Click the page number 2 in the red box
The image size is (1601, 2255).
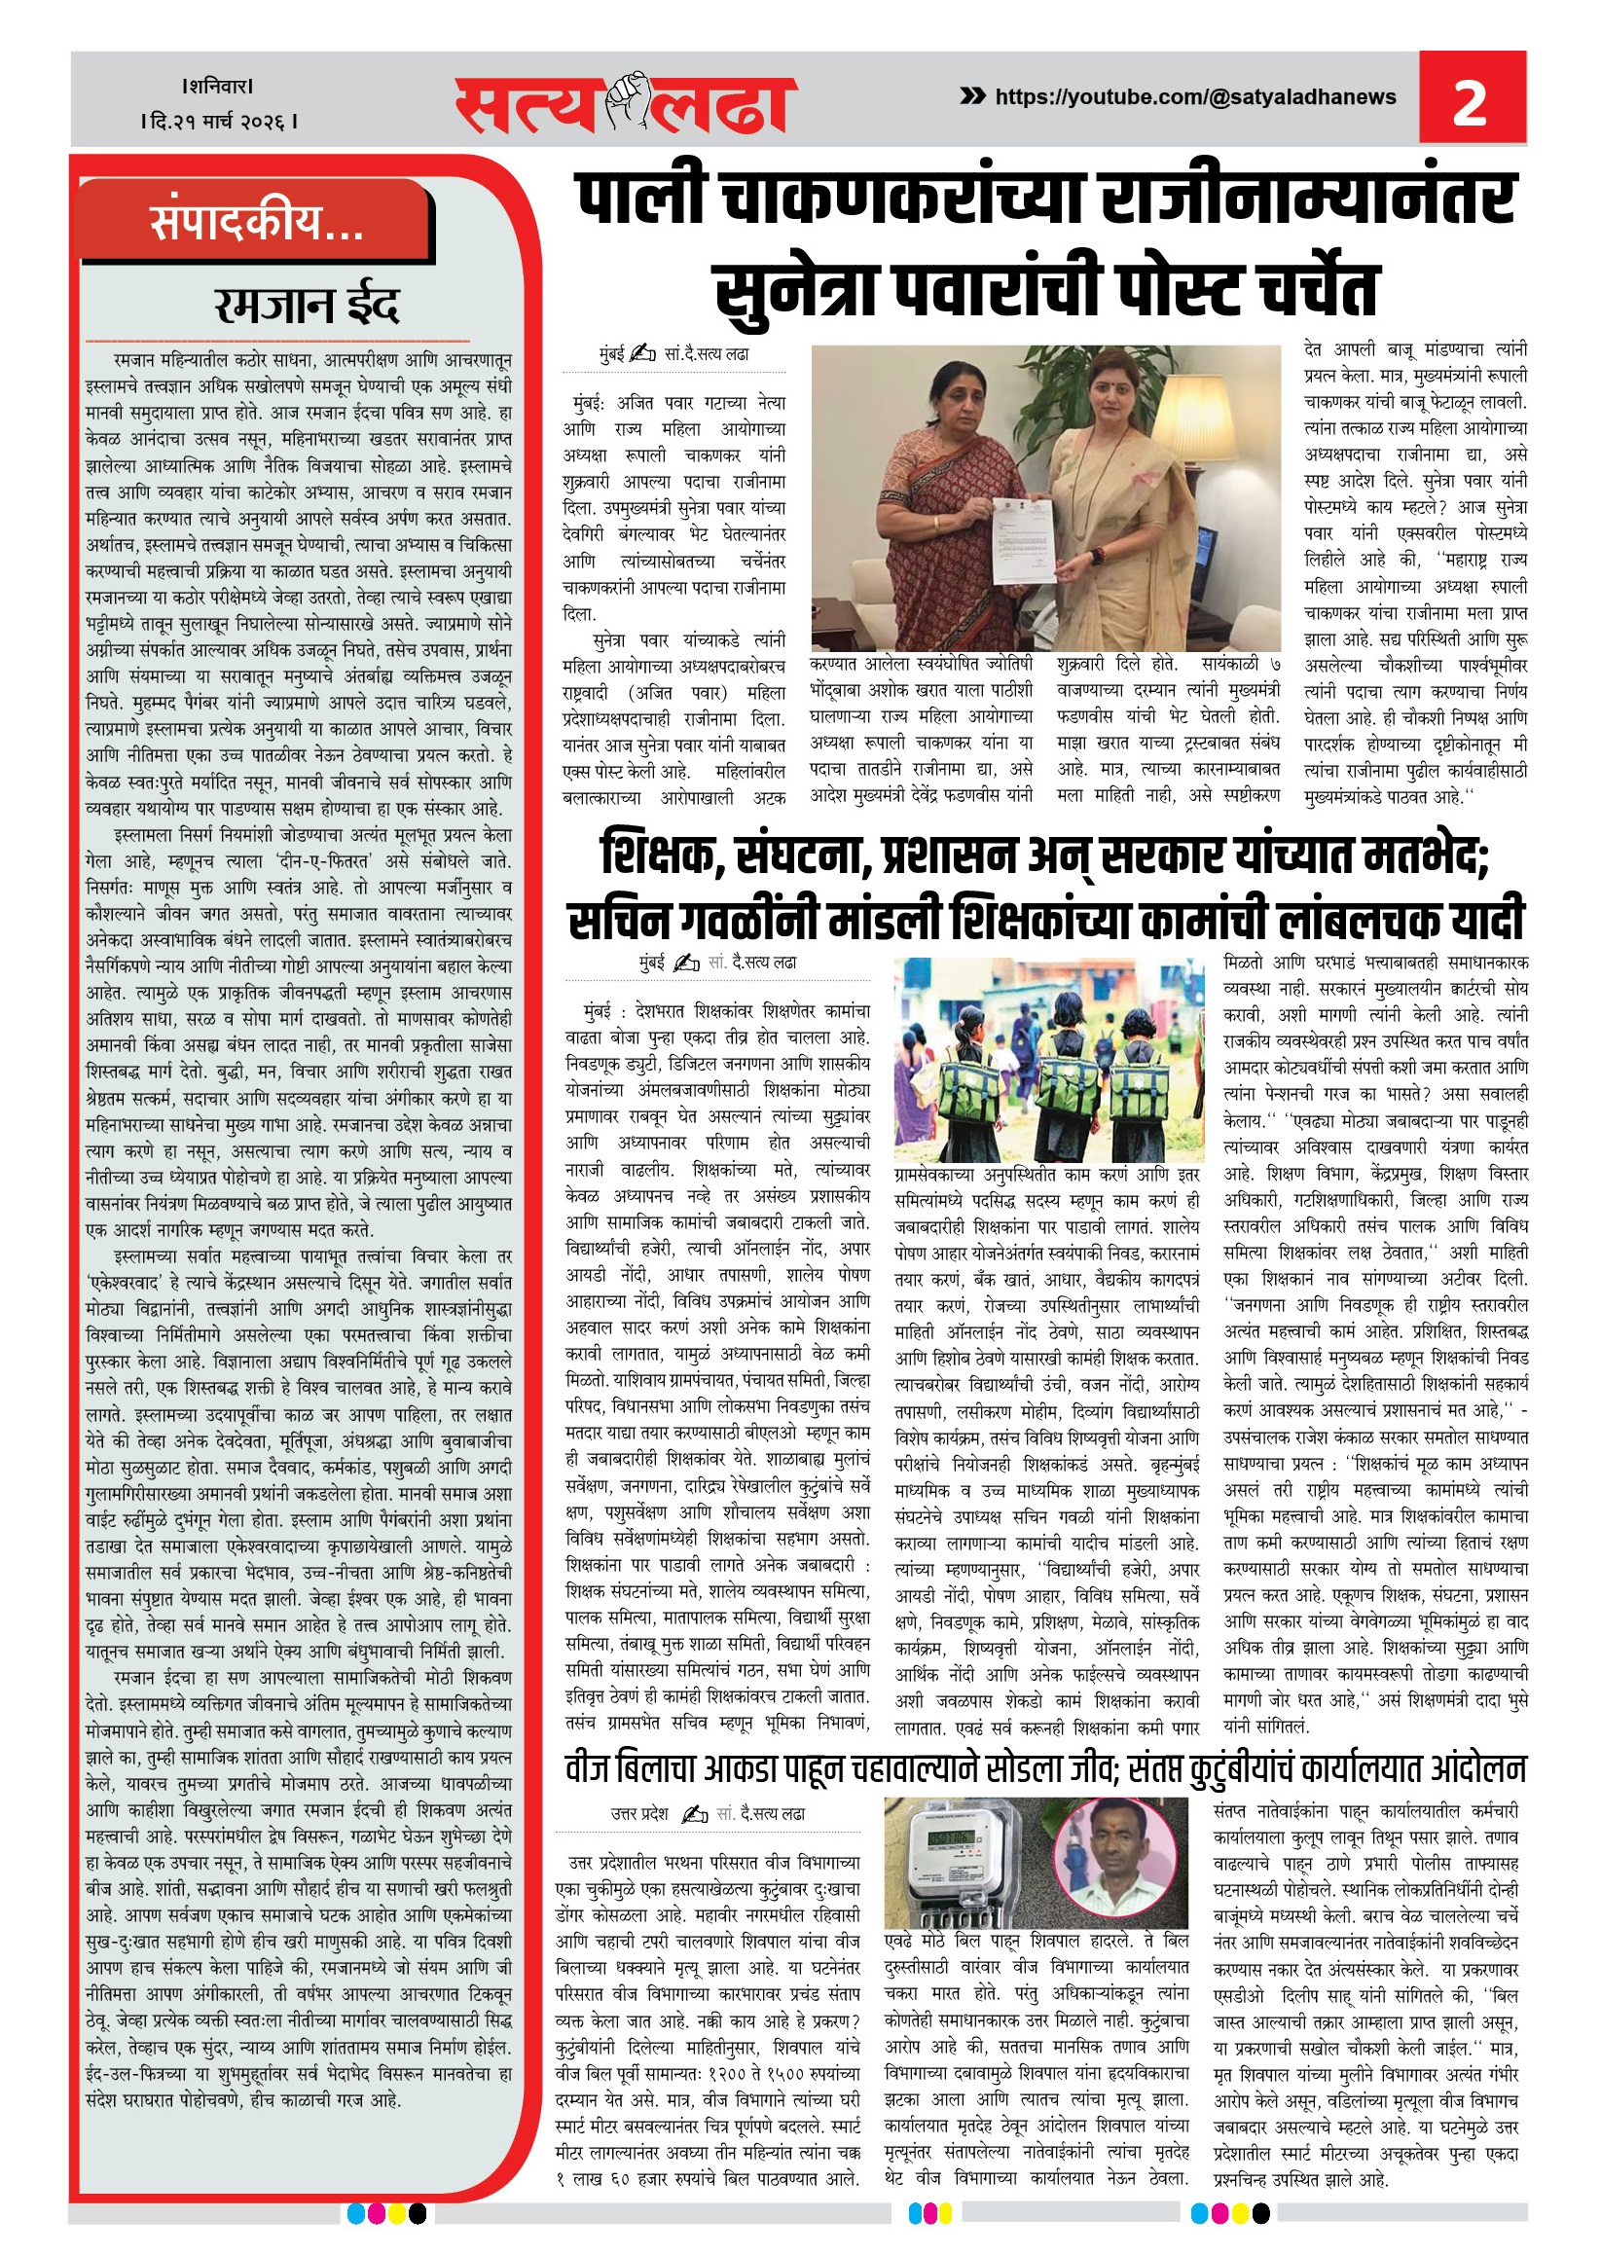pos(1470,102)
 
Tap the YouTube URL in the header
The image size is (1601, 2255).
pos(1195,96)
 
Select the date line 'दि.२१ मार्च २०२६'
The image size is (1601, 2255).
pos(220,122)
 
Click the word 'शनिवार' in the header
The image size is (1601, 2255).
pos(218,87)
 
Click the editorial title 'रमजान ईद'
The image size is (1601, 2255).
pos(307,306)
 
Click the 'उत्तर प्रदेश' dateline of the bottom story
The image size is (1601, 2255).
pos(638,1813)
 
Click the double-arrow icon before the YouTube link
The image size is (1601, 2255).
pos(972,95)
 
